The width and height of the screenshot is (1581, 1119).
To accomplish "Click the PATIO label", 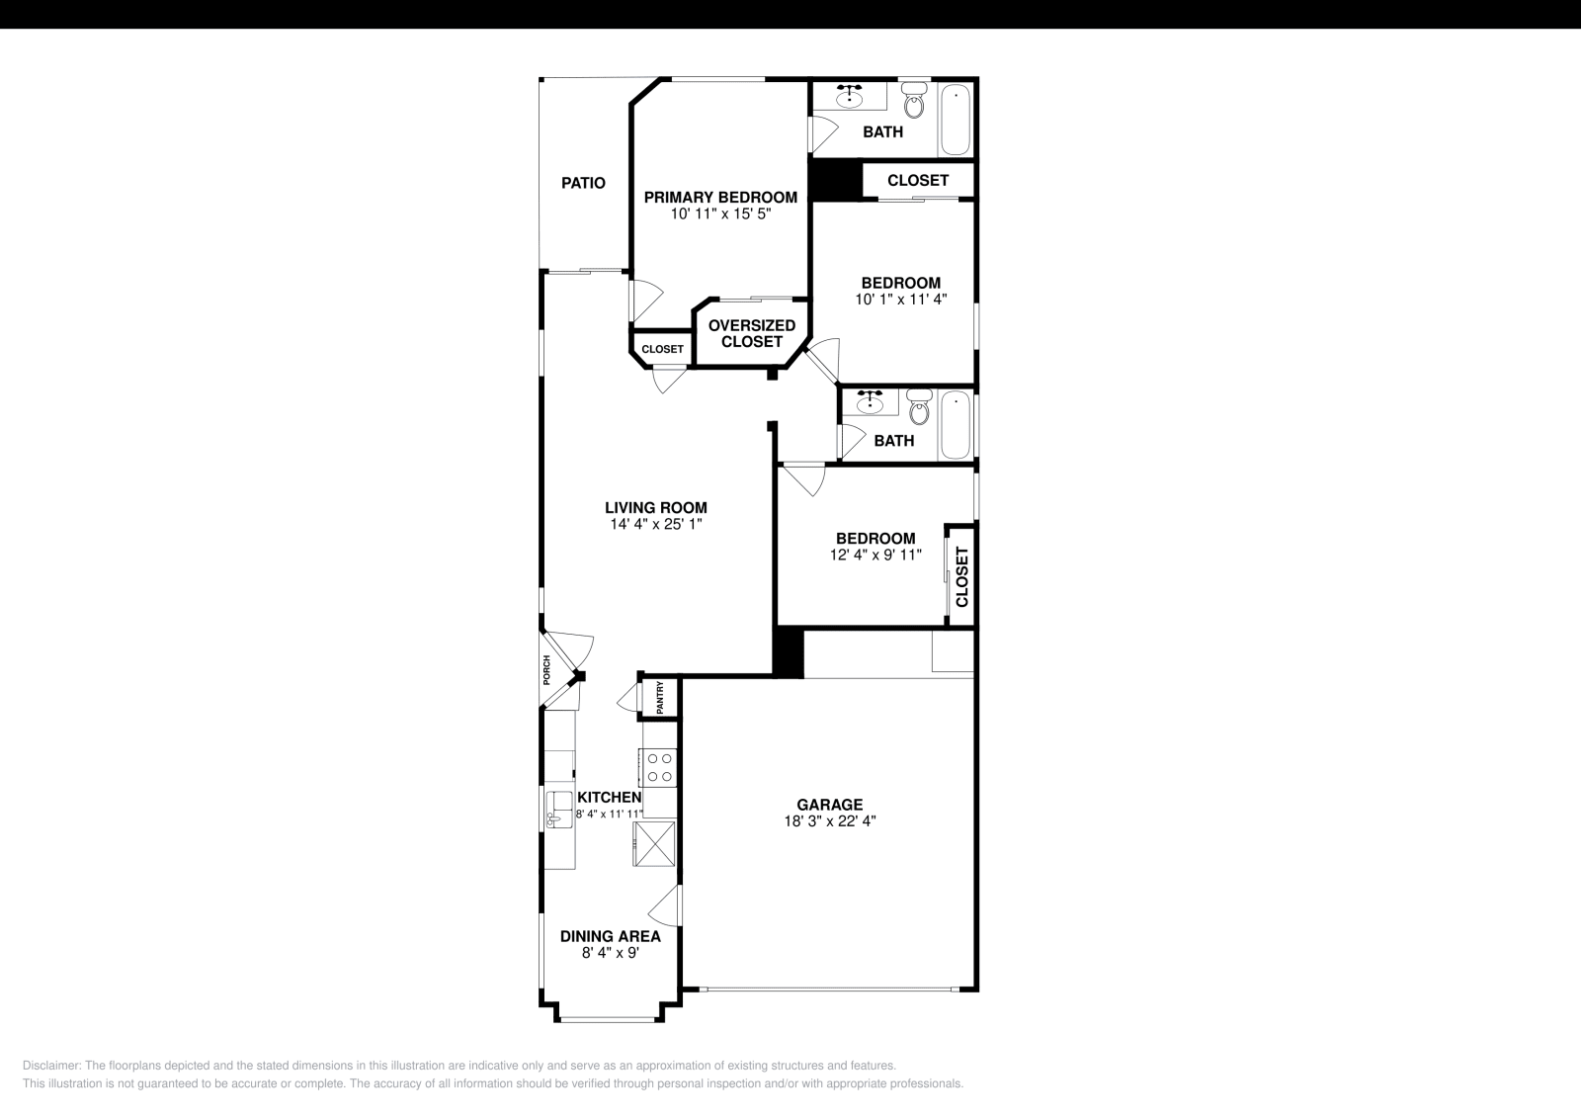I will click(583, 183).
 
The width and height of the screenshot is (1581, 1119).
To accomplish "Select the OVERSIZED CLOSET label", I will click(752, 333).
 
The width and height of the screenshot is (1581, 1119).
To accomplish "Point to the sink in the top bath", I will click(849, 97).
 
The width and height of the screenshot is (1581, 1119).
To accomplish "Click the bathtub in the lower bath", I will click(956, 425).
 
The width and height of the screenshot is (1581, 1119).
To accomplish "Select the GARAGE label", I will click(830, 805).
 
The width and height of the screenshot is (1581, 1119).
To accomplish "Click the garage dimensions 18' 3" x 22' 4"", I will click(830, 820).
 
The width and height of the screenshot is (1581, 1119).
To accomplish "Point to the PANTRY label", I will click(661, 698).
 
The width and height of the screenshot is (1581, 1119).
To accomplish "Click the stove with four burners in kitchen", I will click(659, 767).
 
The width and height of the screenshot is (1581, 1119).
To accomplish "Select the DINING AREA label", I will click(610, 936).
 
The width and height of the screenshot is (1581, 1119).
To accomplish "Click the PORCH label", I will click(546, 670).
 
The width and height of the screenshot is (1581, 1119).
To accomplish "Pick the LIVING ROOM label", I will click(656, 508).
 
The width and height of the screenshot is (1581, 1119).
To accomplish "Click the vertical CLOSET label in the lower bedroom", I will click(961, 576).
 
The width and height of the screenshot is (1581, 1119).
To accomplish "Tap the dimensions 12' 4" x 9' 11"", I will click(875, 556).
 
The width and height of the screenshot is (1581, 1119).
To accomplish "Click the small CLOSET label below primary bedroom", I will click(662, 349).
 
